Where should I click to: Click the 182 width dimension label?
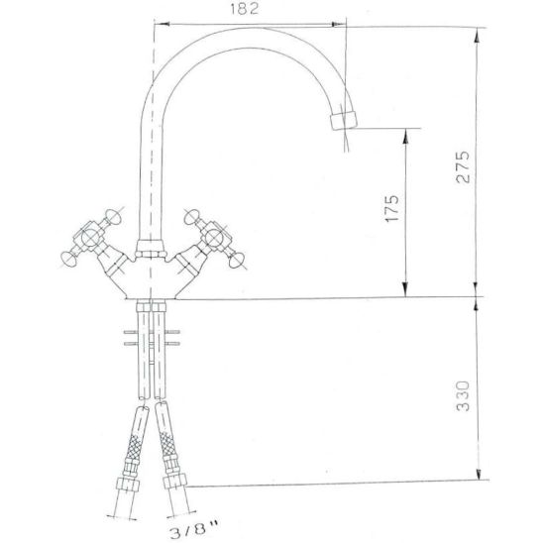tap(245, 9)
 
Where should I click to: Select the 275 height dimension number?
tap(463, 166)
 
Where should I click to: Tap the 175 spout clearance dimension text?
tap(392, 208)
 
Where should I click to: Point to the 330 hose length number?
tap(463, 395)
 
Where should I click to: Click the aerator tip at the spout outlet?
tap(343, 120)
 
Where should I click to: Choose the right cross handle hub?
tap(214, 238)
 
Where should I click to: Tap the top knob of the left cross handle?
tap(113, 216)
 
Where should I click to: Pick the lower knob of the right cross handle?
tap(237, 261)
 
